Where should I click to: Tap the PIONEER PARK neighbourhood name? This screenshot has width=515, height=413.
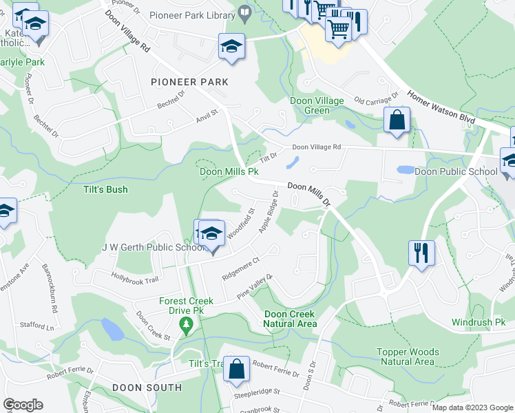189,82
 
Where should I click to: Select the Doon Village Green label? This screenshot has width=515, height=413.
317,105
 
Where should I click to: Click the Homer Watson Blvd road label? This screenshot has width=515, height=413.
441,107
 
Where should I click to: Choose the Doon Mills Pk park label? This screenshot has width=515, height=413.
229,171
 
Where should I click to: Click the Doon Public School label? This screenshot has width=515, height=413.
456,171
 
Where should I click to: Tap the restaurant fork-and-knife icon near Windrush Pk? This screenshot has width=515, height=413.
421,253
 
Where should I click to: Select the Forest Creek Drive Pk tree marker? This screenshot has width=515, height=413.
184,324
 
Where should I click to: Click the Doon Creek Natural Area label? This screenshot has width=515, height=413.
291,319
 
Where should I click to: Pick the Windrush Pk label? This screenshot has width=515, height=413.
479,322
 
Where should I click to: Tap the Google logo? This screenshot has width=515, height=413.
23,405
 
